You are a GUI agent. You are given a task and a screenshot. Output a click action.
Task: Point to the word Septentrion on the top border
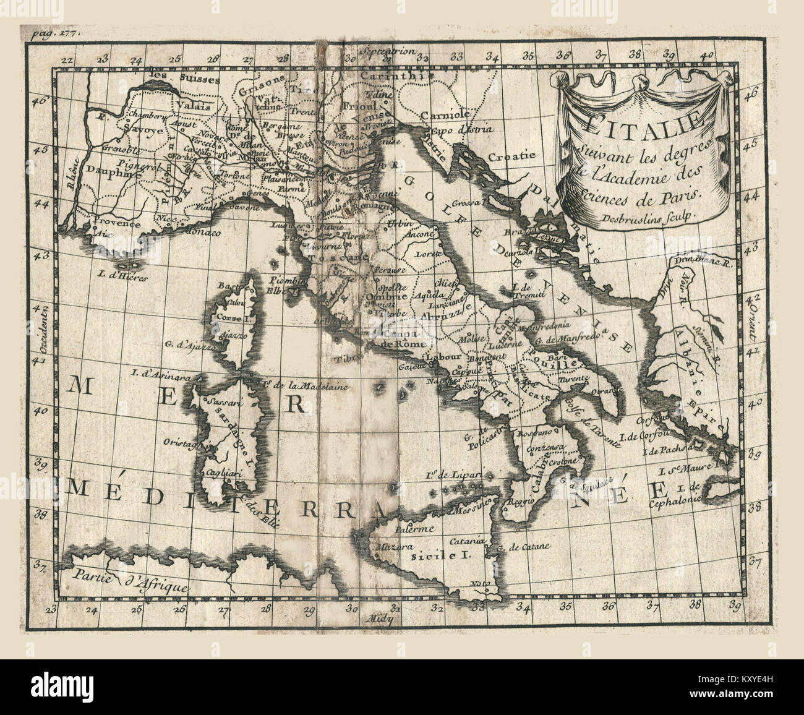[388, 52]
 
